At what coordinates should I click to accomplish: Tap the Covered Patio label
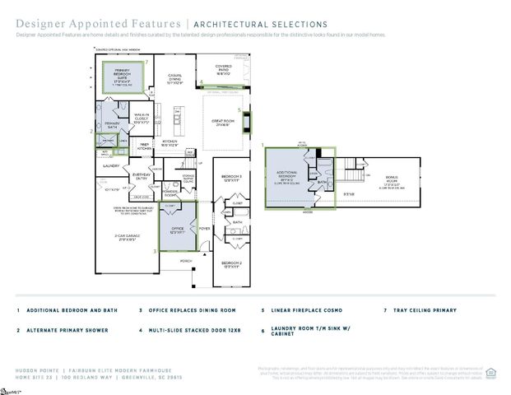pos(223,71)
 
